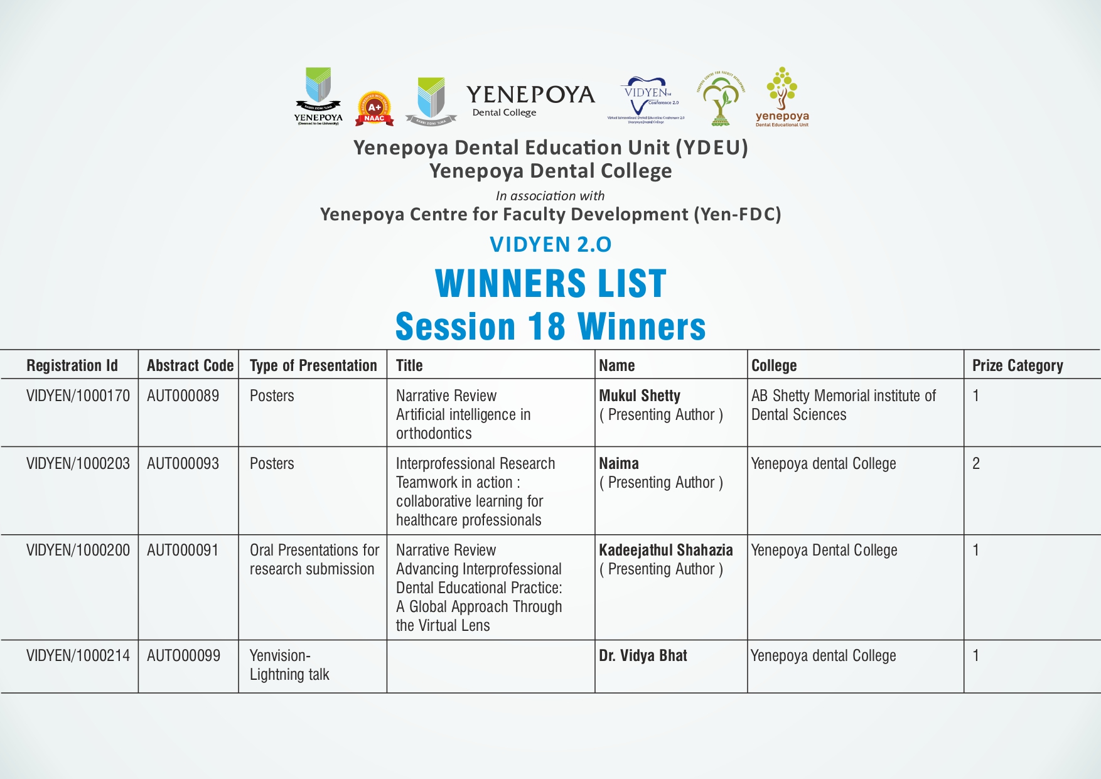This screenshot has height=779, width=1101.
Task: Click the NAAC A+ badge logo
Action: click(374, 109)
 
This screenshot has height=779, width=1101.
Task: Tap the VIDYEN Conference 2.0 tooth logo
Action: click(646, 99)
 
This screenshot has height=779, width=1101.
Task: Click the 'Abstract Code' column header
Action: click(190, 365)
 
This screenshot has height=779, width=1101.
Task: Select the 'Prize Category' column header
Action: click(1017, 365)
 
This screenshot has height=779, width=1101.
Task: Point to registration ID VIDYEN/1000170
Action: click(78, 396)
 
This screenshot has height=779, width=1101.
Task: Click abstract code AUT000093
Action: click(183, 464)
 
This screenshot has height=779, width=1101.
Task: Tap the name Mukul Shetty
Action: click(639, 396)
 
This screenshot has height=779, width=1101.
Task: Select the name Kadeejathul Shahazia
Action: click(665, 551)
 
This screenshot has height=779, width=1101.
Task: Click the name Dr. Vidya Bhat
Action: click(643, 656)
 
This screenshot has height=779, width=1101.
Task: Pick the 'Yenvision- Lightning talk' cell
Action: click(289, 665)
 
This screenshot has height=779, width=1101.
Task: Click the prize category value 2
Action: click(975, 464)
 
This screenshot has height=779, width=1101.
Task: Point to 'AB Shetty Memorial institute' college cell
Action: click(843, 405)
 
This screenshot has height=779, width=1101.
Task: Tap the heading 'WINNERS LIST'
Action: click(550, 284)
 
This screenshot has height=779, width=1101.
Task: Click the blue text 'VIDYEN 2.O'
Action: click(550, 244)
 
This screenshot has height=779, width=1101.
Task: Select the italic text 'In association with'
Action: click(550, 196)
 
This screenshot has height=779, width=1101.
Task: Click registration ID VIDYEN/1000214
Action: click(78, 656)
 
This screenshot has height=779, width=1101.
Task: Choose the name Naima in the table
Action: click(618, 464)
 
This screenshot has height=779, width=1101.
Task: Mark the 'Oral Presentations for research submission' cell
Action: click(314, 559)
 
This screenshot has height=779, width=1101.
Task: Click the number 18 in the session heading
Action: click(546, 327)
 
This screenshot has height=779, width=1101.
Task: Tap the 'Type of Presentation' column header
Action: click(313, 365)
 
